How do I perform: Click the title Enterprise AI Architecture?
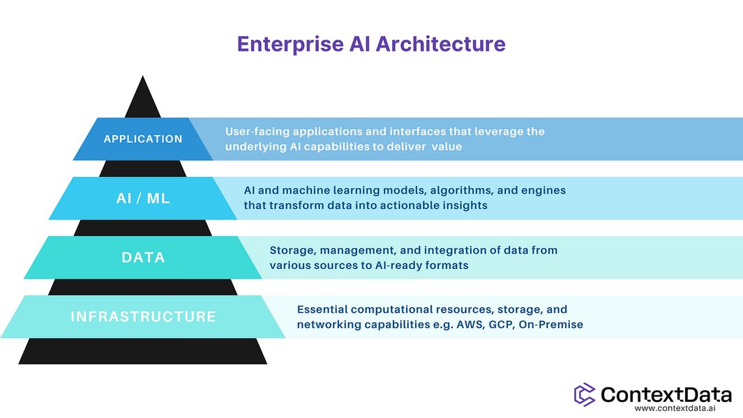(371, 44)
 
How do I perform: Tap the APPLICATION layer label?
(143, 139)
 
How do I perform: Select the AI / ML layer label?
(143, 199)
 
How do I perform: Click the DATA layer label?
(143, 257)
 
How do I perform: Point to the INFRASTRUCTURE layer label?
(143, 317)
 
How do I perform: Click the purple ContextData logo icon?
(585, 394)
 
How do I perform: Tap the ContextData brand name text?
(666, 394)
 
